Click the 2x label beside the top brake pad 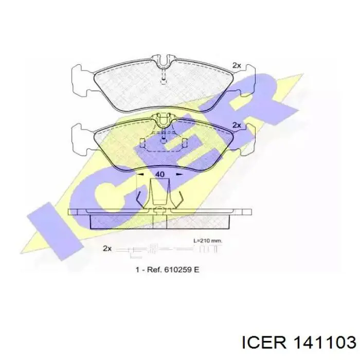tap(237, 65)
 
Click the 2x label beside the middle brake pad tap(237, 125)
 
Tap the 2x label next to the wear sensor tap(107, 248)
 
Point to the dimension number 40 tap(160, 174)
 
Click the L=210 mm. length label tap(208, 241)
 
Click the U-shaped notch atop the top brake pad tap(163, 61)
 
